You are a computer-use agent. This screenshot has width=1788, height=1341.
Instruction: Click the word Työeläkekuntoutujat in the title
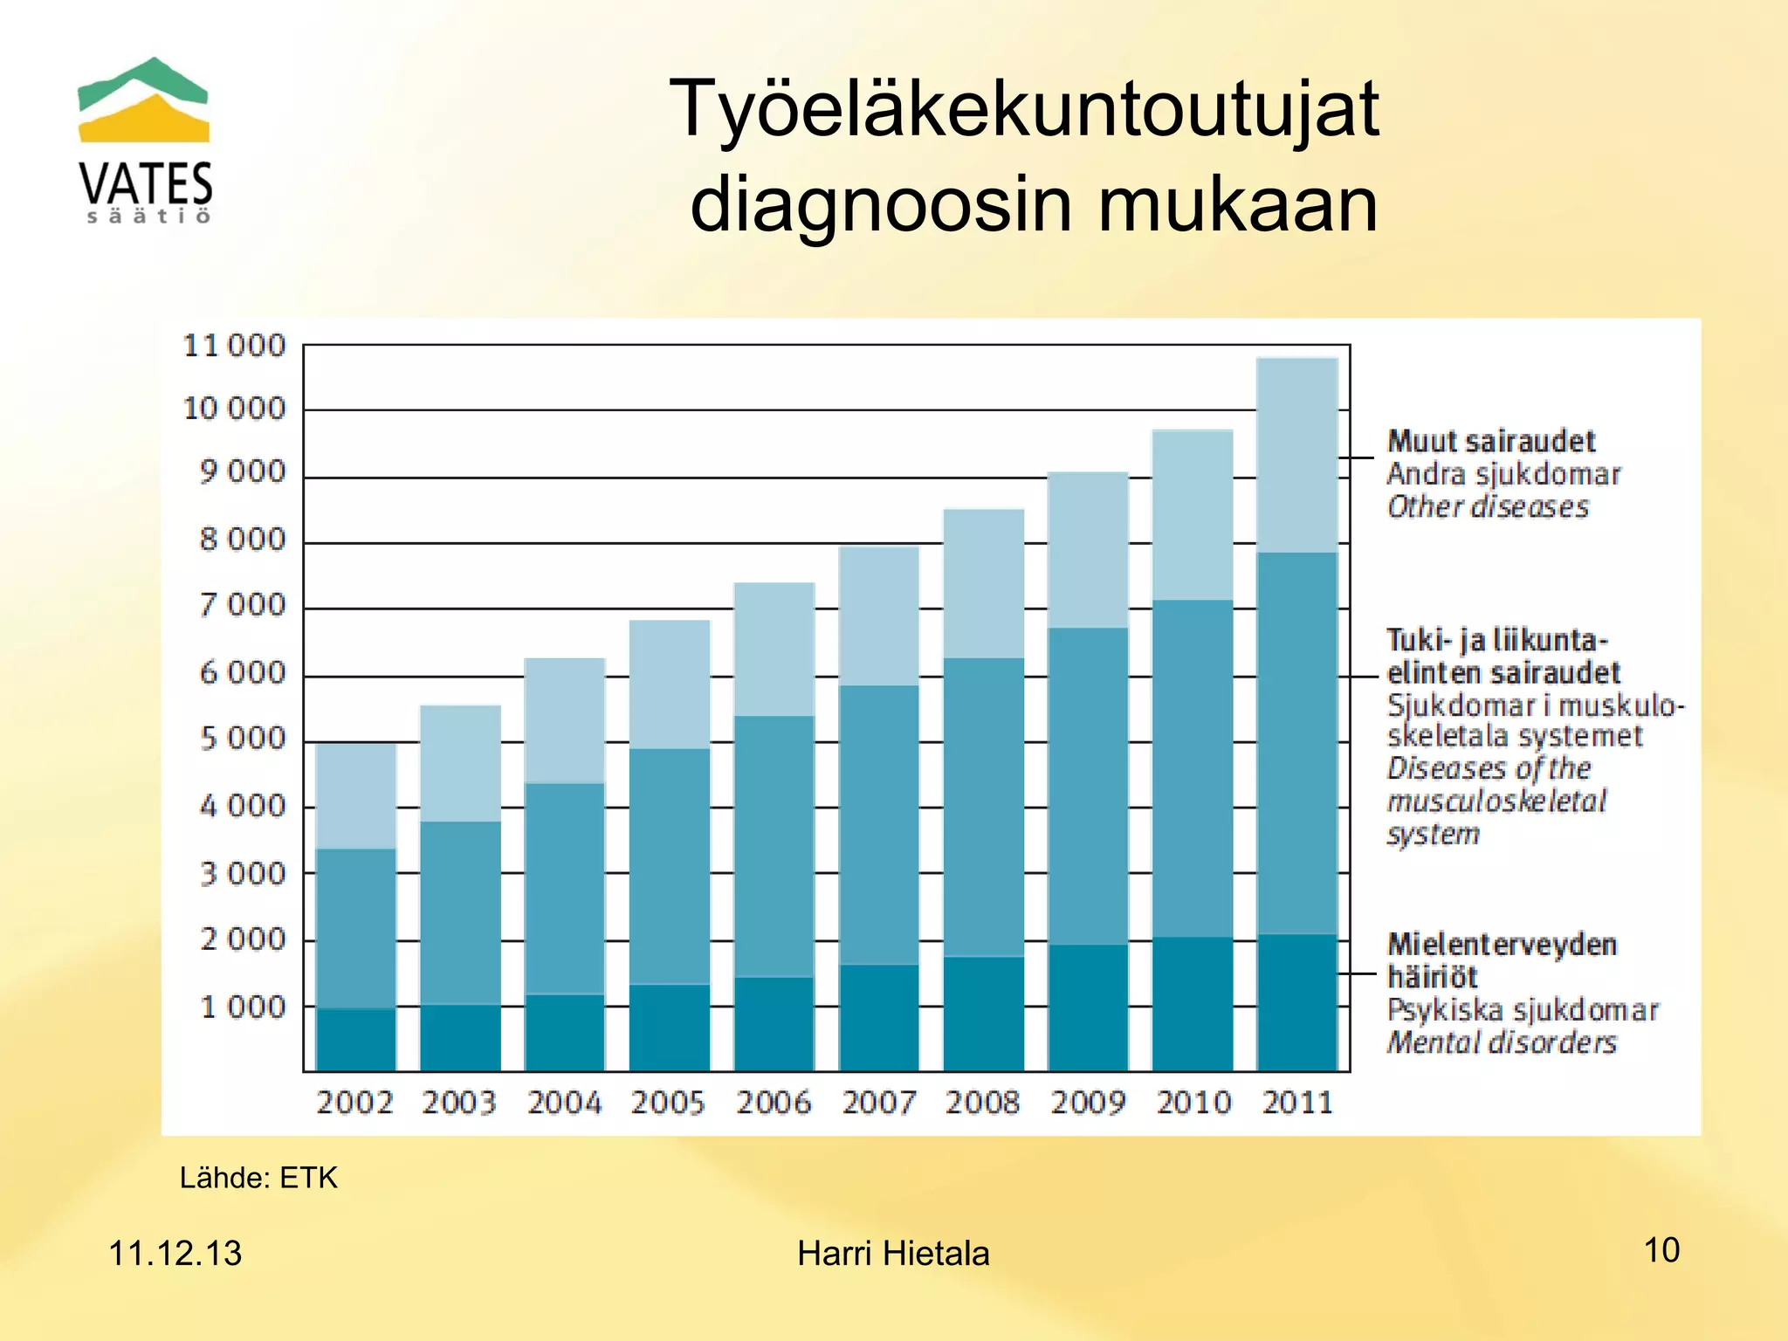[1023, 109]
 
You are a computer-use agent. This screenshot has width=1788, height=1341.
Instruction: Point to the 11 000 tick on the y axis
[234, 346]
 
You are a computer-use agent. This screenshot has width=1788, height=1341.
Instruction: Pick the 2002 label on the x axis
[354, 1103]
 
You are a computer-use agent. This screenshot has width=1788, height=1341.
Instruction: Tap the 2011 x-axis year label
[1297, 1103]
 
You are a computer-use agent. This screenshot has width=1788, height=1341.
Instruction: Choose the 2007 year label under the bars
[878, 1103]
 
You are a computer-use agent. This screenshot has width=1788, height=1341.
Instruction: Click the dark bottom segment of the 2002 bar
[355, 1039]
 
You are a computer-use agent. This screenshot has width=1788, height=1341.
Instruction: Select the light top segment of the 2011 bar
[1297, 454]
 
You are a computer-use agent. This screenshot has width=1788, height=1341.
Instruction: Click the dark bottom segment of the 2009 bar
[1088, 1007]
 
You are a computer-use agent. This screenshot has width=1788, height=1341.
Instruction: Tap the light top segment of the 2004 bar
[565, 720]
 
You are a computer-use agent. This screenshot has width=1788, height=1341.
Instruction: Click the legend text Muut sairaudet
[1491, 442]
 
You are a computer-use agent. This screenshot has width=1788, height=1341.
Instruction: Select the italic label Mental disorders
[1502, 1042]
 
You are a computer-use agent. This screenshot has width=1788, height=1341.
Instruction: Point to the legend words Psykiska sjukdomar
[1522, 1010]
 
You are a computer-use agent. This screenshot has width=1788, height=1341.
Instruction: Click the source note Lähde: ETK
[258, 1178]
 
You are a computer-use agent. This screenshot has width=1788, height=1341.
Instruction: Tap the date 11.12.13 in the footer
[175, 1254]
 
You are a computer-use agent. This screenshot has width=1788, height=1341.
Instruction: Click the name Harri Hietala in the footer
[893, 1254]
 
